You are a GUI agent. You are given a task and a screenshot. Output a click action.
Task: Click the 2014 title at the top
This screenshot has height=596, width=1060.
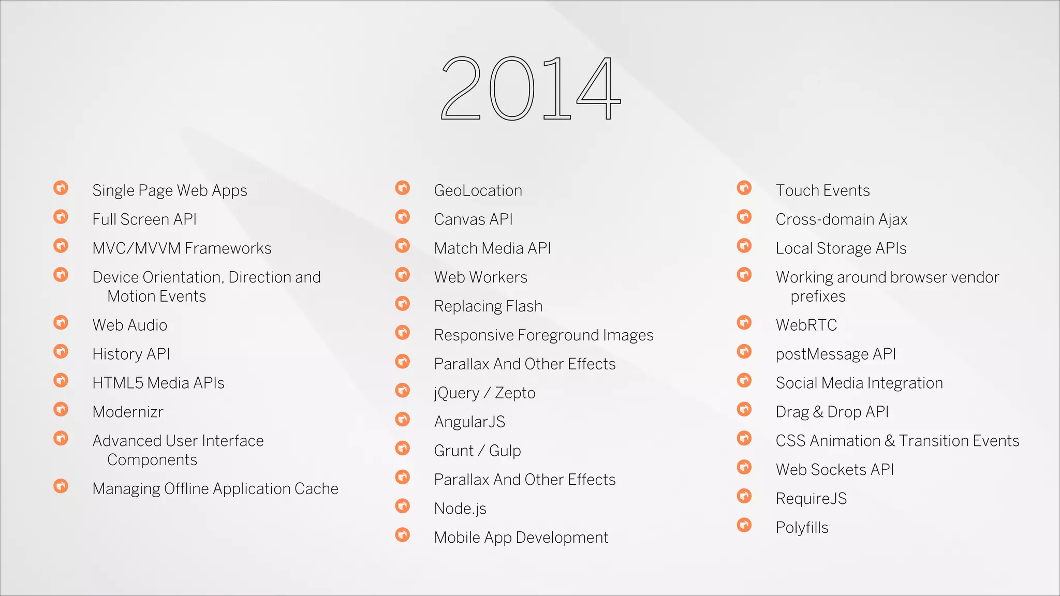[x=530, y=89]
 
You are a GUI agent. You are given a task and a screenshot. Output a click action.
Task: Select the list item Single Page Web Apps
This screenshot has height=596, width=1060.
[x=170, y=190]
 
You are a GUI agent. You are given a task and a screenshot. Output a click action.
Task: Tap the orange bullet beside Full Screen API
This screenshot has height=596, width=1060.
[x=61, y=216]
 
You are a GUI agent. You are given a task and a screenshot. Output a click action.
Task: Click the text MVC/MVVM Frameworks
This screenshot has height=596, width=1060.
[x=182, y=248]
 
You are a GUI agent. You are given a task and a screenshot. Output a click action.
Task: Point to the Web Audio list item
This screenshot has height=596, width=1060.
[x=130, y=325]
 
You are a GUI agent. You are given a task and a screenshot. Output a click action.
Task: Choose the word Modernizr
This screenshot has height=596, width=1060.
[x=128, y=412]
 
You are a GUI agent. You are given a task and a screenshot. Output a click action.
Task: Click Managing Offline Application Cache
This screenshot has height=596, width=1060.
[x=215, y=488]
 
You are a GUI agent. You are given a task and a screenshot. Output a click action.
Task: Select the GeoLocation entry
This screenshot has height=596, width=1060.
[x=478, y=190]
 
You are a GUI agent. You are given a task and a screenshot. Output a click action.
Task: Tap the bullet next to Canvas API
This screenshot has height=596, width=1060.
[x=403, y=216]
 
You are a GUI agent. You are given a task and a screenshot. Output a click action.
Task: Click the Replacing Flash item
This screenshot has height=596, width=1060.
[x=488, y=306]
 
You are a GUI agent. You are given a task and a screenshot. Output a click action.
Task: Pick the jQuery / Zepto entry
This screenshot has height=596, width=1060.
[x=484, y=393]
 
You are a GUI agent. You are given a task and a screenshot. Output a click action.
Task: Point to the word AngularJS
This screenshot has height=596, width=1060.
[x=469, y=422]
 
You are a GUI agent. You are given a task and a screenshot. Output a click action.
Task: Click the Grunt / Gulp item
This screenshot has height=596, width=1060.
[x=477, y=451]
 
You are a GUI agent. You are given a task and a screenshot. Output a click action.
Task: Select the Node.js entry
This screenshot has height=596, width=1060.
[x=460, y=509]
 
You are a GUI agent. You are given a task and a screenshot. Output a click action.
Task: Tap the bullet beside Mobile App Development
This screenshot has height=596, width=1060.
[x=403, y=534]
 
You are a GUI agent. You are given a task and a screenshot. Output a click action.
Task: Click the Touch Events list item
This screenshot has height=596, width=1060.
[x=822, y=190]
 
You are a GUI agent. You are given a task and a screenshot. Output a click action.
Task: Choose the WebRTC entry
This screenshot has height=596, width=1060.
[x=806, y=325]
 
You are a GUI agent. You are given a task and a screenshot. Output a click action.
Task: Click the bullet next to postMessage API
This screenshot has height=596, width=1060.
[x=744, y=351]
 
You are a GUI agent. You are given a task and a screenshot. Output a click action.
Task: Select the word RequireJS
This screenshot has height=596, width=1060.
[x=811, y=499]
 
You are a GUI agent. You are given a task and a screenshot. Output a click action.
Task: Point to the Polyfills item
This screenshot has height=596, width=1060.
[x=802, y=528]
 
